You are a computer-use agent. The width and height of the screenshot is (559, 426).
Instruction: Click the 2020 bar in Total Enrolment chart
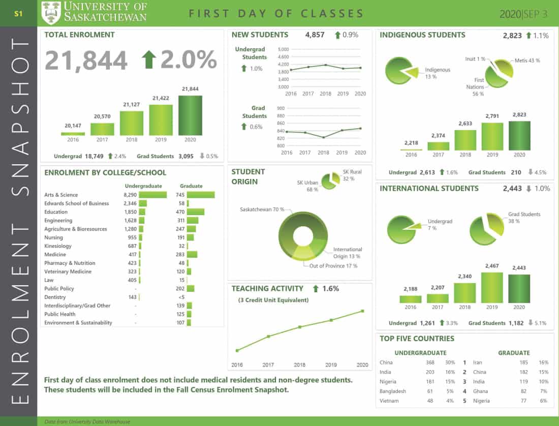pos(190,115)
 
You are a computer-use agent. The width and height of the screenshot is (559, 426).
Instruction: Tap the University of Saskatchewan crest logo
pos(51,13)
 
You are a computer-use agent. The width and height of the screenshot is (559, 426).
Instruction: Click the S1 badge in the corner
pos(18,14)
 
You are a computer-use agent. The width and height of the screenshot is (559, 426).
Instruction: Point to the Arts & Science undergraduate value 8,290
pos(131,195)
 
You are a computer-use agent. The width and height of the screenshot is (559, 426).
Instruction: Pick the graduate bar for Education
pos(196,212)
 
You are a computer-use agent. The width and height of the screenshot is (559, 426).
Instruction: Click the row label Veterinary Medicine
pos(68,271)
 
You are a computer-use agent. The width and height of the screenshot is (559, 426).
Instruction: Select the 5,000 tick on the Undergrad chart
pos(283,49)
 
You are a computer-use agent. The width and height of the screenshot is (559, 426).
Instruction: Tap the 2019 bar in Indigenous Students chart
pos(492,137)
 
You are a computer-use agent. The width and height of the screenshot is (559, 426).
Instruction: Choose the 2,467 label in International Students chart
pos(492,266)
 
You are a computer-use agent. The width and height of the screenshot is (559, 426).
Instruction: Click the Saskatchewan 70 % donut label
pos(262,209)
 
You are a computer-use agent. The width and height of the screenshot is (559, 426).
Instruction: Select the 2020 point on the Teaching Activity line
pos(363,311)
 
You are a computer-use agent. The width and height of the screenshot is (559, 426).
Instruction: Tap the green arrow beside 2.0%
pos(149,59)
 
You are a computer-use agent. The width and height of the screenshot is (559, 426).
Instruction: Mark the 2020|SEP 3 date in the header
pos(523,14)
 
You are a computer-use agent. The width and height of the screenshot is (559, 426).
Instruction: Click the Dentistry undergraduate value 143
pos(133,297)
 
